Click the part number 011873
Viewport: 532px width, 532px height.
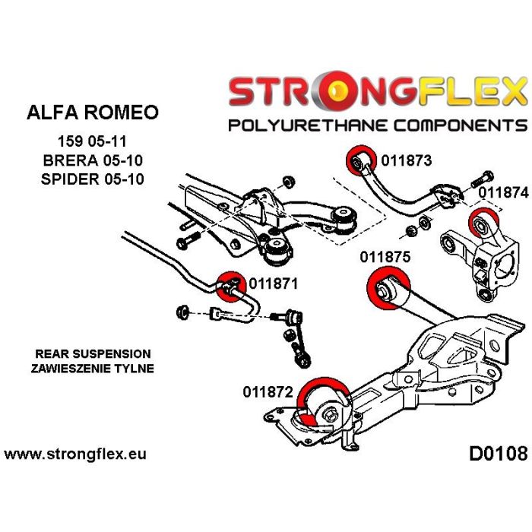tap(406, 160)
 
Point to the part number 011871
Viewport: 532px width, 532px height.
tap(271, 284)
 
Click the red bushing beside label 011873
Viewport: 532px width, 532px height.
tap(359, 161)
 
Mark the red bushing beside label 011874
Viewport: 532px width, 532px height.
tap(481, 224)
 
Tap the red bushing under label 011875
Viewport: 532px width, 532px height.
tap(387, 288)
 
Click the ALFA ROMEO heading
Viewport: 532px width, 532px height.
tap(93, 112)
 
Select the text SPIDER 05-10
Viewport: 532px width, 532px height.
tap(93, 179)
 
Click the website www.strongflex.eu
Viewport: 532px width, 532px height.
tap(75, 454)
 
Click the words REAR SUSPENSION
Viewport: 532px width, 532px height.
tap(93, 354)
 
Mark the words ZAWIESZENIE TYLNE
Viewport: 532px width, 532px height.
tap(93, 369)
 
